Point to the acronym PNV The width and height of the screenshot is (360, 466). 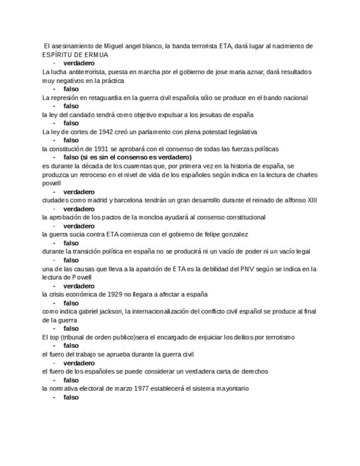pos(244,269)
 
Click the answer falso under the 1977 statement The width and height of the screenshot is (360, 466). pos(71,397)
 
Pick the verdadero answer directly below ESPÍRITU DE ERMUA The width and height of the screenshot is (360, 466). pos(79,63)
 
